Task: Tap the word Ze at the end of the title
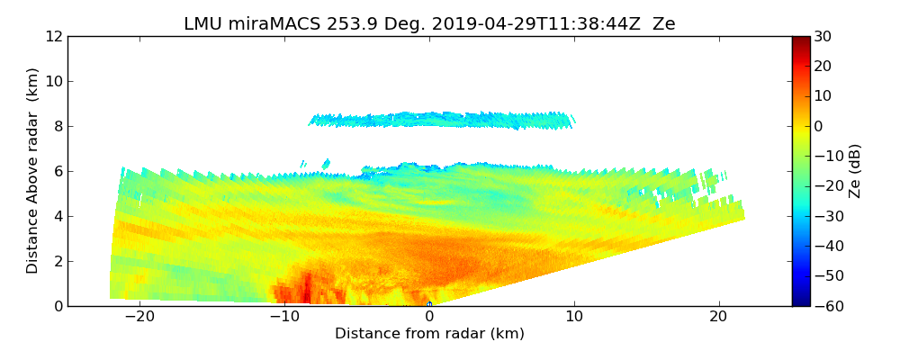(663, 24)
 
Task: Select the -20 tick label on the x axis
(139, 317)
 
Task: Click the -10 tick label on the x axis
(284, 317)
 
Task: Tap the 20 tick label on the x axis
(718, 317)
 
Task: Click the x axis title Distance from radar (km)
(429, 334)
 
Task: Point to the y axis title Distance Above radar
(32, 170)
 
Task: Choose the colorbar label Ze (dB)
(855, 170)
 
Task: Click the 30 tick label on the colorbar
(822, 36)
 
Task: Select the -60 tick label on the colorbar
(825, 306)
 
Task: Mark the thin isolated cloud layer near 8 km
(441, 120)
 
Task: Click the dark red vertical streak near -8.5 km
(306, 288)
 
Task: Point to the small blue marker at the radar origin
(429, 304)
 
